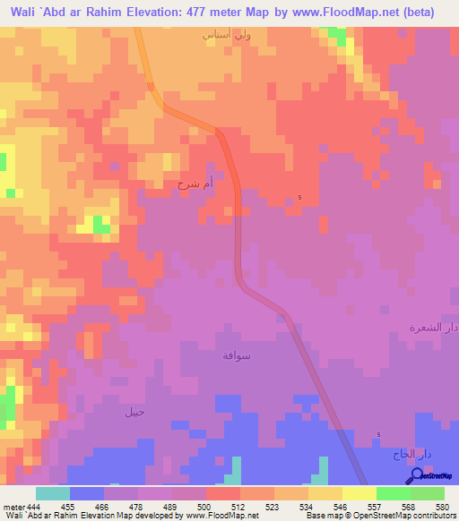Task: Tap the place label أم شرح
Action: (x=196, y=184)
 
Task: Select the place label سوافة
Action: (x=237, y=355)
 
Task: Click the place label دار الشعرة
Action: (x=434, y=328)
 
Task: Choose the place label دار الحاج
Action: (x=411, y=455)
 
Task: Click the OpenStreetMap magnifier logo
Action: (x=415, y=477)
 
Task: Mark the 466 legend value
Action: (x=102, y=507)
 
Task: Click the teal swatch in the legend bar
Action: (x=53, y=493)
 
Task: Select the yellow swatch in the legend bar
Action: (x=359, y=493)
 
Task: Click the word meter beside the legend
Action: (x=12, y=507)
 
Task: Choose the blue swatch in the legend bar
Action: (x=87, y=493)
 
